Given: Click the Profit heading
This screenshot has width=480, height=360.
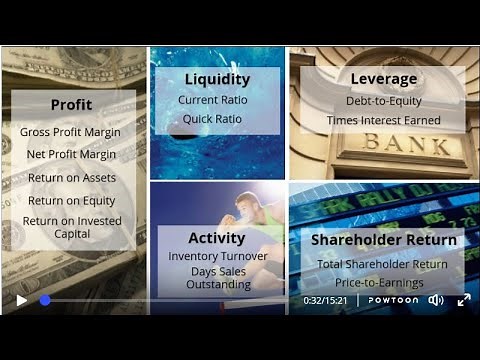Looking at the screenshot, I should (71, 104).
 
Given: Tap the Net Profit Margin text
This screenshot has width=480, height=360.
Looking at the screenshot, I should (71, 154).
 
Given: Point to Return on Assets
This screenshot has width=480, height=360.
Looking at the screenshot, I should (71, 178).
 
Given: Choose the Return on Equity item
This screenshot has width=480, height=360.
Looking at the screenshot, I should (71, 200).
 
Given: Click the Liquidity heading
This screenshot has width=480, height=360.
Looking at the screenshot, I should (217, 79).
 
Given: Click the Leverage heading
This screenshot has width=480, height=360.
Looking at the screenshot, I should (383, 79).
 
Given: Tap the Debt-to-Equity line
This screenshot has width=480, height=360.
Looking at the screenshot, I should (383, 100).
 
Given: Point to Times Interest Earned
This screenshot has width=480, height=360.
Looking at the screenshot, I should (383, 120).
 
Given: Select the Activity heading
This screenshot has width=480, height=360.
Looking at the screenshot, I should (217, 238).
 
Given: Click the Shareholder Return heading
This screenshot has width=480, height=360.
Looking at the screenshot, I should (383, 240).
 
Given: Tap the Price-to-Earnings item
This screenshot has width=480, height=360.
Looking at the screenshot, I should (383, 282).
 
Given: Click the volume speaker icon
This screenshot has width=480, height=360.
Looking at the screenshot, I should (436, 300).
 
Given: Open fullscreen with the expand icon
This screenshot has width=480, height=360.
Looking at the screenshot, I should (464, 300).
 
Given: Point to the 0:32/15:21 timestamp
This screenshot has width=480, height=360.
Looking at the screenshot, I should (325, 300).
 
